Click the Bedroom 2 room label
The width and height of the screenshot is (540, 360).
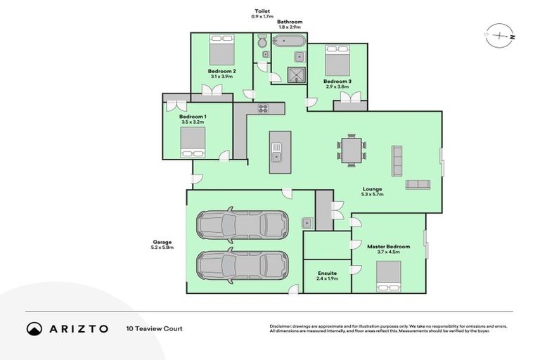[221, 71]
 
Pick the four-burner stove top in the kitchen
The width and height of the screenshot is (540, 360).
[264, 108]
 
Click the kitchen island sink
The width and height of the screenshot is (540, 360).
[276, 156]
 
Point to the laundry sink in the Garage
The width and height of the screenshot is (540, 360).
[308, 223]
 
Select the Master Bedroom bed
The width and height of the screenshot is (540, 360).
[389, 275]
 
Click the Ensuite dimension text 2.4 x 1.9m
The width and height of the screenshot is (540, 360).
[327, 278]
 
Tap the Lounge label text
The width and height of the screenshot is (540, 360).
[372, 188]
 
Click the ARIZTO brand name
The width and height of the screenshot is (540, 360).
[77, 328]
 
